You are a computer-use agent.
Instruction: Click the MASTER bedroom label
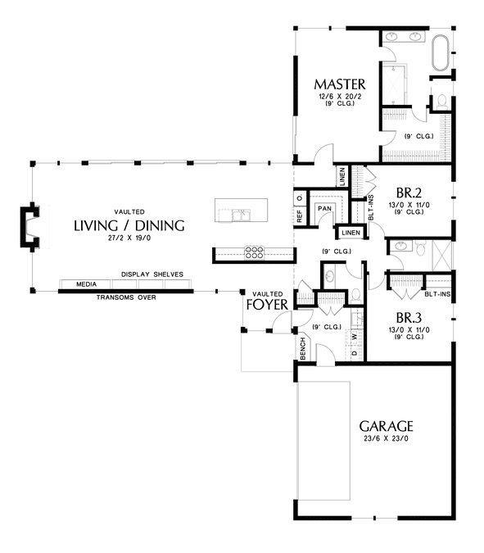(340, 84)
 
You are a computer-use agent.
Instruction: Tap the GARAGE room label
(386, 426)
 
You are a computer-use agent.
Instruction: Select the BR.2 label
(409, 193)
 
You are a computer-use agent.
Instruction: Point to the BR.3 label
(409, 318)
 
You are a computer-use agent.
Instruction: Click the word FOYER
(267, 305)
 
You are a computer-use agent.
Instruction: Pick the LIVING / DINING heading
(129, 225)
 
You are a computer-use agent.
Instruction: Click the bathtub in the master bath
(441, 52)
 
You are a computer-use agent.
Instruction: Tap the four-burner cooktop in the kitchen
(254, 252)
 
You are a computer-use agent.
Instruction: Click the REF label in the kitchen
(300, 216)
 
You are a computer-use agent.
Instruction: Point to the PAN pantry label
(324, 208)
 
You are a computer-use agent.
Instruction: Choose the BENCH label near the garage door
(302, 349)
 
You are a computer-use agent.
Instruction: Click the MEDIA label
(86, 284)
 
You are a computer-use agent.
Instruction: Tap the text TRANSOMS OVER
(126, 297)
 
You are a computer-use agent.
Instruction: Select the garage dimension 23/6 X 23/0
(386, 439)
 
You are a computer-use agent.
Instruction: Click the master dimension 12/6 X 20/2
(340, 96)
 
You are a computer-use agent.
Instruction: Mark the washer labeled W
(355, 336)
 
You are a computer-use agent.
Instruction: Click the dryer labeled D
(355, 352)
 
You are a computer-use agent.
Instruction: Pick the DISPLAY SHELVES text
(152, 274)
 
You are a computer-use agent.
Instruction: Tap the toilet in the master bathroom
(441, 102)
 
